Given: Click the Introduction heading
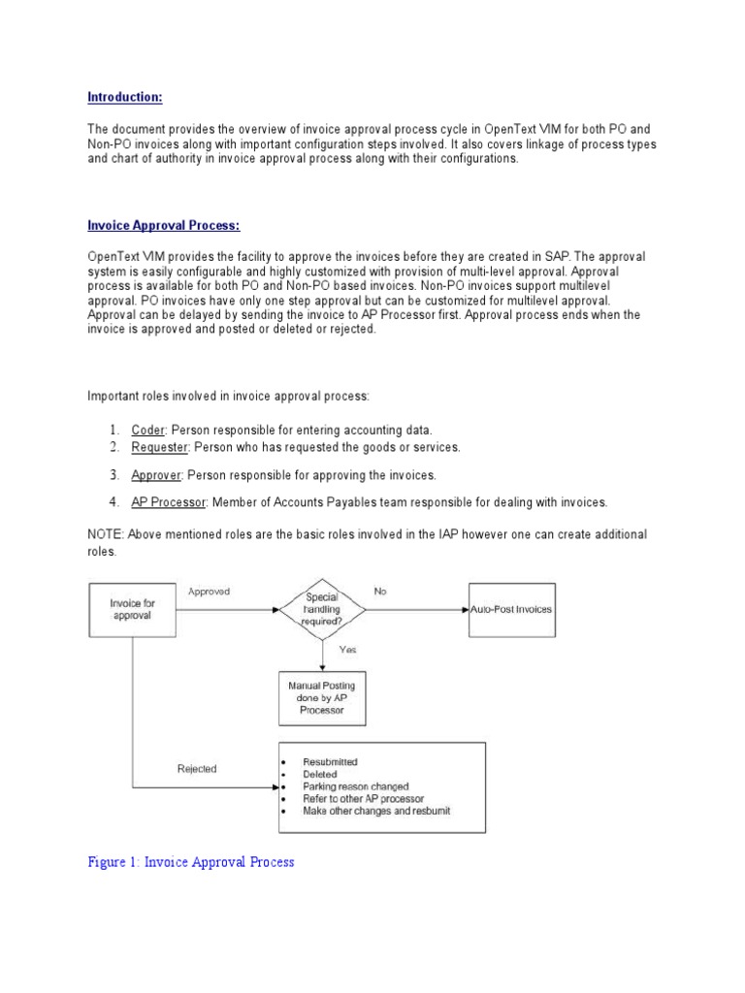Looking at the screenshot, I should pyautogui.click(x=125, y=97).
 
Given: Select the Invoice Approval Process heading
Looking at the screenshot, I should pyautogui.click(x=164, y=225).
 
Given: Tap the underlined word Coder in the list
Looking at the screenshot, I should pyautogui.click(x=148, y=430).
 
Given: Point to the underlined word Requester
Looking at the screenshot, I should pyautogui.click(x=161, y=447).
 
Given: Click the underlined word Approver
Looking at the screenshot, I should pyautogui.click(x=157, y=475).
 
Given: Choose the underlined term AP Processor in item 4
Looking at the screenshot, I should pyautogui.click(x=168, y=502).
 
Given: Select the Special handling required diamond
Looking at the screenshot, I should pyautogui.click(x=322, y=610).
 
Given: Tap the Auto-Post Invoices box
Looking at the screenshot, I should pyautogui.click(x=511, y=610).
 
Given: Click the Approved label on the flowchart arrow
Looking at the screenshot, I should pyautogui.click(x=209, y=591).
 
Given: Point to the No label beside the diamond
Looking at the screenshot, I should pyautogui.click(x=379, y=591).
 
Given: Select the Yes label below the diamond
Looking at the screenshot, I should pyautogui.click(x=348, y=650).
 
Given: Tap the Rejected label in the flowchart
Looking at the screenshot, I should pyautogui.click(x=197, y=769).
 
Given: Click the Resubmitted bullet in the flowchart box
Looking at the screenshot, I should pyautogui.click(x=330, y=762).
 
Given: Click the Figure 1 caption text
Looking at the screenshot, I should pyautogui.click(x=190, y=861).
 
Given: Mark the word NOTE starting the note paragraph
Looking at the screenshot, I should pyautogui.click(x=105, y=535).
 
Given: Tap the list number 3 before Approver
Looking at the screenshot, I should pyautogui.click(x=113, y=475).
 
